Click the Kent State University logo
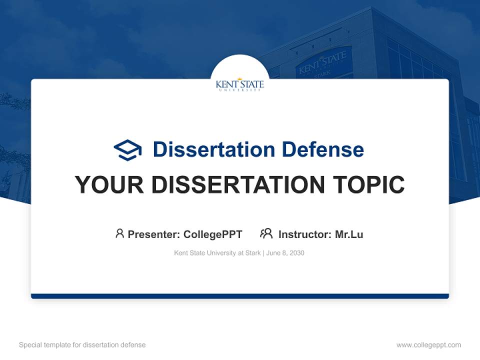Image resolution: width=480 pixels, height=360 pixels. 240,84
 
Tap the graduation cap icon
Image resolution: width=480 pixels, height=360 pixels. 128,149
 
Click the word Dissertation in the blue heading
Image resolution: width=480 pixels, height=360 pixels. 214,149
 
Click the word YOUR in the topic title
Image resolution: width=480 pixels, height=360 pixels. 109,185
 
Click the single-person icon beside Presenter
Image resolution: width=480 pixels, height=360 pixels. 119,233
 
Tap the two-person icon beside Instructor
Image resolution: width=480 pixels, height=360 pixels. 266,233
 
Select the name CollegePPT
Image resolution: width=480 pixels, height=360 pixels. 212,234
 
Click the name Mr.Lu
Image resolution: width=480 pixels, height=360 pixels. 349,234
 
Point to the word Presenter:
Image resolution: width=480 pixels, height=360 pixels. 154,234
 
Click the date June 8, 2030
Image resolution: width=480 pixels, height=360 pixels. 285,253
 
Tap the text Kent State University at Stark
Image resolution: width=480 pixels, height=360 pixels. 217,253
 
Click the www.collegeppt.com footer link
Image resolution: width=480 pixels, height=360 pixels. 428,345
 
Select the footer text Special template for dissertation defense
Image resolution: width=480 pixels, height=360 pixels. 82,345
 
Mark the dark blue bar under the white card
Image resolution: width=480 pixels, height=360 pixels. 240,296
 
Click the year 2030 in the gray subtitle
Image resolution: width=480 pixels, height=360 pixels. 296,253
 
